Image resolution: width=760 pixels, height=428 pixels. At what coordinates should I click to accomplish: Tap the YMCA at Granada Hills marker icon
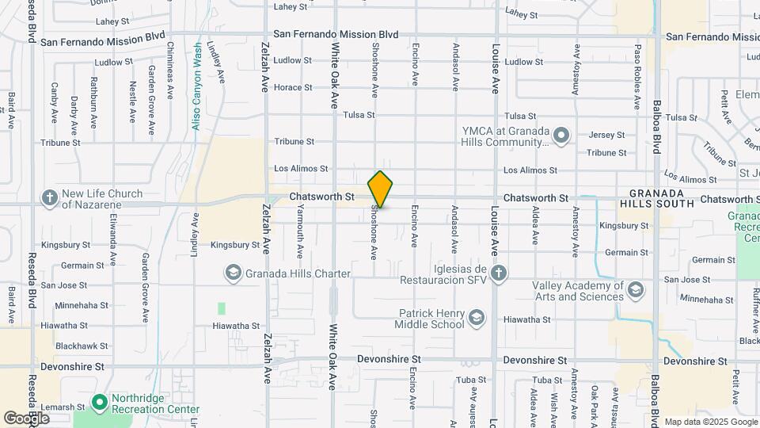(x=561, y=136)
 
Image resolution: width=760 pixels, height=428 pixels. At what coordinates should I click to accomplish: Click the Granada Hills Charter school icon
(x=233, y=273)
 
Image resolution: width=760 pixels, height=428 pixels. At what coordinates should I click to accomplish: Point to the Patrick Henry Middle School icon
(x=476, y=319)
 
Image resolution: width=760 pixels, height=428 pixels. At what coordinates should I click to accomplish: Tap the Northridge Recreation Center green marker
(x=99, y=403)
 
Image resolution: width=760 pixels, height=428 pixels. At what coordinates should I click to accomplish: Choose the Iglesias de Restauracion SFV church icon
(x=497, y=273)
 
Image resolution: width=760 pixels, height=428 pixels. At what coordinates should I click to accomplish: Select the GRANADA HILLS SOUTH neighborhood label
(x=662, y=198)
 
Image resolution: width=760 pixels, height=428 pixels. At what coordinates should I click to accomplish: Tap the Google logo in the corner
(x=26, y=418)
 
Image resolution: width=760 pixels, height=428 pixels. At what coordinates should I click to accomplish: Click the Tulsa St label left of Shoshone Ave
(x=359, y=115)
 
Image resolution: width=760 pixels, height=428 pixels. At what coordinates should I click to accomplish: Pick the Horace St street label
(x=289, y=87)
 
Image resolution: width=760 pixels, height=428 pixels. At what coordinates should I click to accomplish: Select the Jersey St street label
(x=607, y=135)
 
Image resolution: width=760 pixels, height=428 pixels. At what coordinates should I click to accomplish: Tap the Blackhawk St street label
(x=82, y=346)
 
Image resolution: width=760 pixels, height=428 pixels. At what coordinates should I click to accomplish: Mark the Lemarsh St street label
(x=63, y=407)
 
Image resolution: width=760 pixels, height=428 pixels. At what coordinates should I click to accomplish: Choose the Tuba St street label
(x=547, y=381)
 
